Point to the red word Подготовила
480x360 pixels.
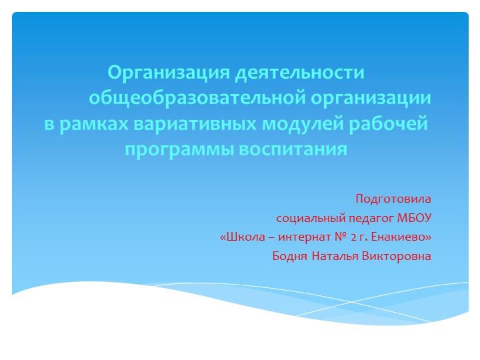tap(393, 199)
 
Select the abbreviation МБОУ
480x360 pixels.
tap(415, 217)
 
